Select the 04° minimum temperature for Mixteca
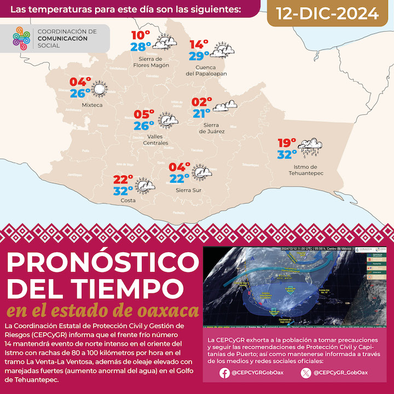[80, 83]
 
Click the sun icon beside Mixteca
[99, 90]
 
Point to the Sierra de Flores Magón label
[151, 62]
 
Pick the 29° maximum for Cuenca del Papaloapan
[199, 55]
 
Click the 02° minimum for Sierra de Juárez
[202, 102]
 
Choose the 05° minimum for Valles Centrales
[145, 114]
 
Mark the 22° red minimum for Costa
[124, 179]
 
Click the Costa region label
[128, 201]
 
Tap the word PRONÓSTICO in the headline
[95, 264]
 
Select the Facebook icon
[224, 373]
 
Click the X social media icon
[305, 373]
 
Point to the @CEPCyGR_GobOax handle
[340, 373]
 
